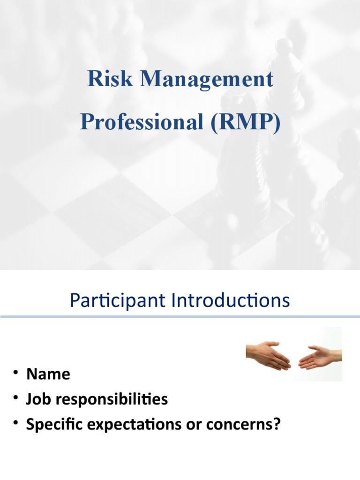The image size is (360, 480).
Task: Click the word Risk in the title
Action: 110,78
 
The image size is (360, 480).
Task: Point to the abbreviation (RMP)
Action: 245,123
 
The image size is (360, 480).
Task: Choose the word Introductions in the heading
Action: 231,300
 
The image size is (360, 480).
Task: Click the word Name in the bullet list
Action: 48,374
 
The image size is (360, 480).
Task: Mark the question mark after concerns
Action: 276,424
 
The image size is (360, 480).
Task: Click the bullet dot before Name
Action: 15,373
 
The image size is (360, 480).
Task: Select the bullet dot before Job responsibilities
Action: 15,397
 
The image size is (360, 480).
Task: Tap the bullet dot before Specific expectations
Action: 15,423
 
